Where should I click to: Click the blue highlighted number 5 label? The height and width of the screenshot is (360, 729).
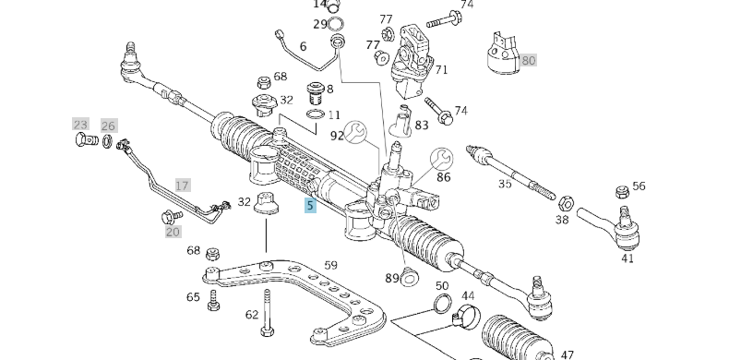(311, 205)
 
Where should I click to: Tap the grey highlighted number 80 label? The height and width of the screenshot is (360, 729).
(528, 60)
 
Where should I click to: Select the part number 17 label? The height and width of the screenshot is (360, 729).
(182, 186)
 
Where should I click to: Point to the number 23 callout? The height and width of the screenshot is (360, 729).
(80, 124)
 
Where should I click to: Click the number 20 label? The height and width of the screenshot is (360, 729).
(173, 232)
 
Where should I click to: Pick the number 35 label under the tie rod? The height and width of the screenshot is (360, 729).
(505, 184)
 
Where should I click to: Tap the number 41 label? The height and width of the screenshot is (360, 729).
(627, 258)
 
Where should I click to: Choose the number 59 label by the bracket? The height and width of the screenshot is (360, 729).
(330, 266)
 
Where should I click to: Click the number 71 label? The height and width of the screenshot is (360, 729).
(441, 69)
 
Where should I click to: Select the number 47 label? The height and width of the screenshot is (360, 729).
(567, 354)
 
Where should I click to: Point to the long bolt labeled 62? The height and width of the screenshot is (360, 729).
(269, 314)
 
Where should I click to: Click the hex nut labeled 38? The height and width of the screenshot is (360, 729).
(567, 202)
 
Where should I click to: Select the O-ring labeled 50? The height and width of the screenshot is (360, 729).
(442, 306)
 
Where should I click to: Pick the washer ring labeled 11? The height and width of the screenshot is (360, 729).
(315, 115)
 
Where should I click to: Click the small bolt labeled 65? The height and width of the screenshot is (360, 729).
(213, 298)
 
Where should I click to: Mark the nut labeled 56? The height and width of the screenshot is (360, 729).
(619, 191)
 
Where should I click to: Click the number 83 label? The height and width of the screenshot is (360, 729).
(421, 126)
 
